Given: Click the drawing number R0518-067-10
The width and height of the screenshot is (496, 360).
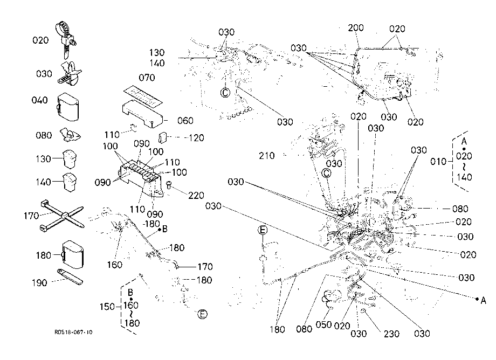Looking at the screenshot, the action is click(x=73, y=332).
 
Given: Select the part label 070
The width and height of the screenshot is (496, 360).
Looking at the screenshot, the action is click(x=147, y=78).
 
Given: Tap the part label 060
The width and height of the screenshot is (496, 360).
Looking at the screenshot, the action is click(x=185, y=120).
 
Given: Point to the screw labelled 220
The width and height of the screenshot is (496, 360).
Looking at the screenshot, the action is click(x=169, y=185).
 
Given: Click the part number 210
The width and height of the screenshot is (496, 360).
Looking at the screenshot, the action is click(x=267, y=156).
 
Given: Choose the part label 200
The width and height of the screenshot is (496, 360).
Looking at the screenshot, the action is click(x=356, y=28).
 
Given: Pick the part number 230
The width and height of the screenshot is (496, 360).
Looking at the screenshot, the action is click(x=391, y=334).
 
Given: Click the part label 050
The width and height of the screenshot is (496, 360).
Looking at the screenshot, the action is click(x=323, y=324).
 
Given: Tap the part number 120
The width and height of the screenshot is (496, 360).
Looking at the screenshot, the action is click(x=196, y=138).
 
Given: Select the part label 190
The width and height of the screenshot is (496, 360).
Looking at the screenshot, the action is click(x=39, y=282).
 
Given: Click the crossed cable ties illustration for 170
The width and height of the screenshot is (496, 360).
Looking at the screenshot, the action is click(x=63, y=215).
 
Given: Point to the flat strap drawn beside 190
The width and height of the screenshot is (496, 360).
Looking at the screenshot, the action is click(x=70, y=277).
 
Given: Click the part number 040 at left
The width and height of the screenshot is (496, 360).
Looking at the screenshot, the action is click(x=39, y=100).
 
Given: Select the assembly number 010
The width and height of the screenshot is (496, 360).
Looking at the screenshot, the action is click(x=438, y=162).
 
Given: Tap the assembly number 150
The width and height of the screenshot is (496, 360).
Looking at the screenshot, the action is click(x=107, y=307).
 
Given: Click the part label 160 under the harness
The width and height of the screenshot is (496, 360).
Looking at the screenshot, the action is click(x=114, y=265).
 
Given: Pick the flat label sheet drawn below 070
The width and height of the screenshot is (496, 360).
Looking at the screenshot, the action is click(x=143, y=95).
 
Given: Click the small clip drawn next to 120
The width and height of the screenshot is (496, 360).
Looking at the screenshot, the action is click(x=162, y=137).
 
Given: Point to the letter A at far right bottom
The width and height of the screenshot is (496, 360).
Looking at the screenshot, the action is click(x=483, y=300).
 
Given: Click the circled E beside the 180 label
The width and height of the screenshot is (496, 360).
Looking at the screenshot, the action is click(x=203, y=314).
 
